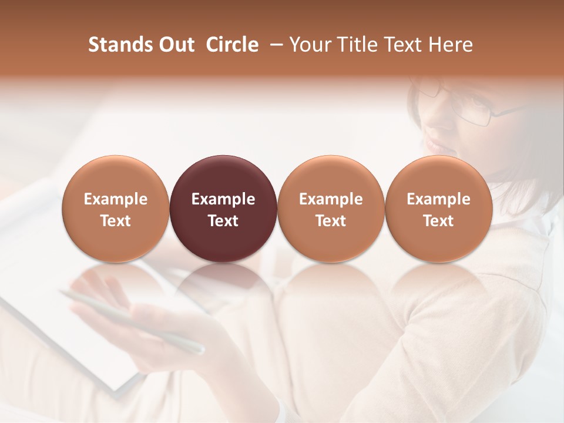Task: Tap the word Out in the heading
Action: [175, 45]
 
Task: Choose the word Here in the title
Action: [451, 45]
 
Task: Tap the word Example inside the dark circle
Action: [223, 199]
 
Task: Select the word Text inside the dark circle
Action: [223, 221]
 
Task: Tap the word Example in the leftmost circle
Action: [116, 199]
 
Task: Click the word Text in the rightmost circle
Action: [438, 221]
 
